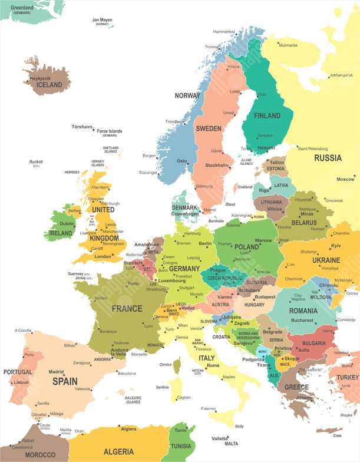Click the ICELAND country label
click(49, 85)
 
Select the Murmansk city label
click(288, 45)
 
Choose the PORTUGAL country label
click(18, 372)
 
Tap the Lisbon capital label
click(21, 382)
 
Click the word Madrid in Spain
click(56, 372)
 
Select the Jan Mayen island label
click(103, 20)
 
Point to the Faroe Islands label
click(110, 131)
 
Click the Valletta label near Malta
click(220, 438)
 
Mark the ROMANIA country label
click(303, 311)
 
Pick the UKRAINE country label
click(326, 260)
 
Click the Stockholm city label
click(216, 166)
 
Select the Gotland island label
click(245, 187)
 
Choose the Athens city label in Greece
click(305, 398)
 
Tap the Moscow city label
click(345, 179)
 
